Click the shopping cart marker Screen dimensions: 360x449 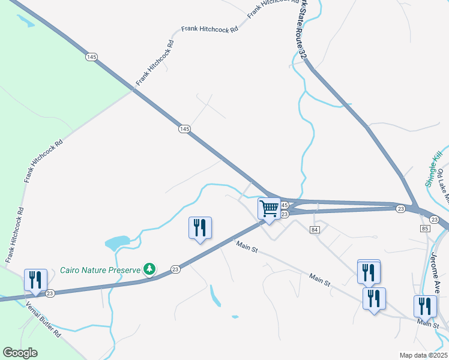[x=270, y=209]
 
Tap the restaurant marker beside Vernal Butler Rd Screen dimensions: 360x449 [x=35, y=280]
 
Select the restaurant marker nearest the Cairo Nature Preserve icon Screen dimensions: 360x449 [x=200, y=227]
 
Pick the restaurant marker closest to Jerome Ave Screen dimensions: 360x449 [x=425, y=306]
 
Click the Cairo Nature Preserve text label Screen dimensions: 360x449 [x=100, y=269]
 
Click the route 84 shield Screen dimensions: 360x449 [x=315, y=230]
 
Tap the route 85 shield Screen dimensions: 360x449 [x=426, y=229]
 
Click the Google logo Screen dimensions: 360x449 [x=20, y=353]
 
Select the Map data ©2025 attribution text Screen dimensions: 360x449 [x=423, y=355]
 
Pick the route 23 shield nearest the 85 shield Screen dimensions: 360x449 [x=435, y=220]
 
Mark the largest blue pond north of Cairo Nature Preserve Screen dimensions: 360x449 [x=117, y=242]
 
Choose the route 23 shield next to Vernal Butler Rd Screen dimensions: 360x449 [x=50, y=293]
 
